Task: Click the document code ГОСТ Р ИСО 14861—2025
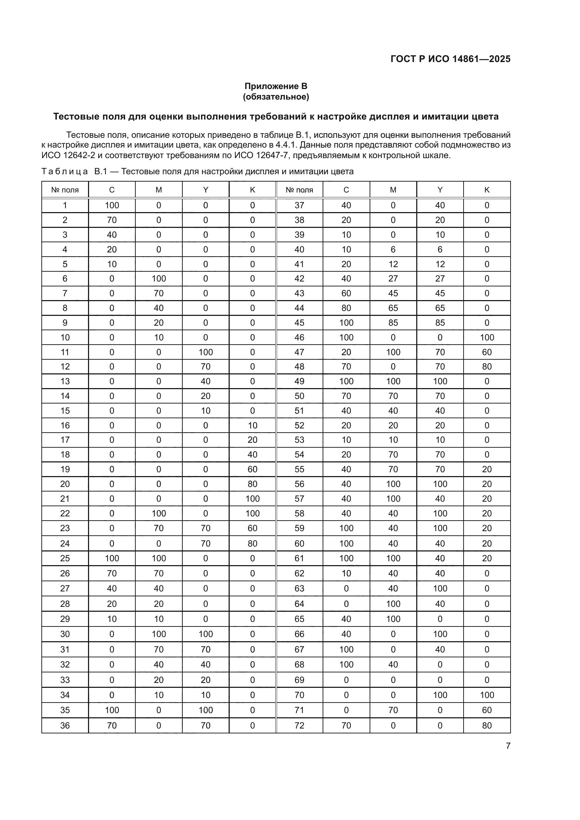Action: [450, 59]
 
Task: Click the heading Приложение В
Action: [276, 86]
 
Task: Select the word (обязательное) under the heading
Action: [276, 97]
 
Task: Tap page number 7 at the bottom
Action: [508, 746]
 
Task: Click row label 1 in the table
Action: [65, 205]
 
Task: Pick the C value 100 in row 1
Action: [112, 205]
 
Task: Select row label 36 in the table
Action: [65, 725]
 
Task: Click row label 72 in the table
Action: [299, 725]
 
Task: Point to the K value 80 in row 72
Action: [487, 725]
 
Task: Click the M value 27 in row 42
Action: [393, 279]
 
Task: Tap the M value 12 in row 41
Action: [393, 264]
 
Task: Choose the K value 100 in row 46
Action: [487, 337]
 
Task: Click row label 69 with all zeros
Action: [299, 680]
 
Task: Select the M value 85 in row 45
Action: [393, 323]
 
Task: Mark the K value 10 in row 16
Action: [252, 425]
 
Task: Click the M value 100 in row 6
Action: [159, 279]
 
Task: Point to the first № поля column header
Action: [65, 190]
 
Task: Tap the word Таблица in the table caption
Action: [65, 171]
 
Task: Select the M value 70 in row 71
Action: [393, 710]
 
